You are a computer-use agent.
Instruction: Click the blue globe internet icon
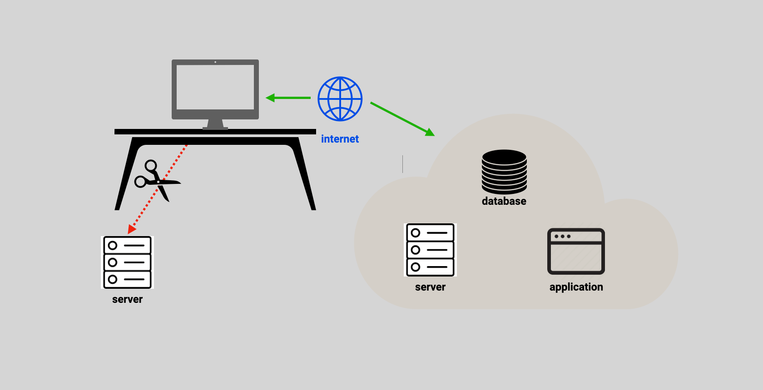click(x=340, y=99)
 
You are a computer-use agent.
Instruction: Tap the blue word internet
click(x=340, y=139)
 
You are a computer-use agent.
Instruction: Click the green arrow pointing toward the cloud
click(x=402, y=119)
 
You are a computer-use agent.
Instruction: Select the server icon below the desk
click(x=127, y=262)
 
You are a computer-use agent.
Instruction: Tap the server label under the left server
click(x=127, y=299)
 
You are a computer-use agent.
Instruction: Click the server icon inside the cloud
click(x=430, y=250)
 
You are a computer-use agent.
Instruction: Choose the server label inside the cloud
click(x=430, y=287)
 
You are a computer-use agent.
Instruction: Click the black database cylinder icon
click(x=504, y=172)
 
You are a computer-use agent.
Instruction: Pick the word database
click(x=504, y=201)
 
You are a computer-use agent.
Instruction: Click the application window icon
click(x=576, y=252)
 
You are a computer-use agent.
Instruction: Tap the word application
click(x=576, y=287)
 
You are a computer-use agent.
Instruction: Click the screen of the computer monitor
click(x=215, y=87)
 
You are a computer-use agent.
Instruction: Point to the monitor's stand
click(x=215, y=124)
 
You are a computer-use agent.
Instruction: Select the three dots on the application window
click(x=562, y=237)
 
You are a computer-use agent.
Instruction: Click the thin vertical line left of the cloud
click(x=402, y=164)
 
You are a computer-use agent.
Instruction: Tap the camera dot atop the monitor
click(x=215, y=62)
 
